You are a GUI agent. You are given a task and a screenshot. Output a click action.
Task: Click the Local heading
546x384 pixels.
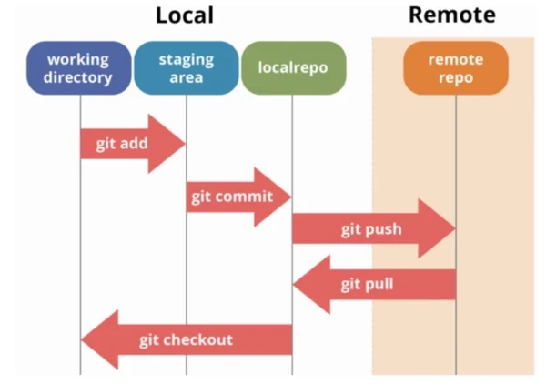pyautogui.click(x=185, y=15)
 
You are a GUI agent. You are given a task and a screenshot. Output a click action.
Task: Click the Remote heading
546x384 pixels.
pyautogui.click(x=451, y=15)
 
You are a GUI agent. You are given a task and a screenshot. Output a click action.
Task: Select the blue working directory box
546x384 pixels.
pyautogui.click(x=78, y=68)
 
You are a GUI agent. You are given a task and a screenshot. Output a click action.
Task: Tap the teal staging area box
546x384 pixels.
pyautogui.click(x=186, y=68)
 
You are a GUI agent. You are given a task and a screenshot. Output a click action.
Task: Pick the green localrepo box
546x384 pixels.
pyautogui.click(x=293, y=68)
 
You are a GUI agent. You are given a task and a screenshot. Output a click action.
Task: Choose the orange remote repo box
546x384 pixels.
pyautogui.click(x=455, y=68)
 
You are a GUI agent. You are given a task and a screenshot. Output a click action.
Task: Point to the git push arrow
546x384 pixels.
pyautogui.click(x=373, y=229)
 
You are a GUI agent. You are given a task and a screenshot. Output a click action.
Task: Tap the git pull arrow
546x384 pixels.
pyautogui.click(x=373, y=285)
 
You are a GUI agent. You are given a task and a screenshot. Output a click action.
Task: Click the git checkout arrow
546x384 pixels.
pyautogui.click(x=187, y=340)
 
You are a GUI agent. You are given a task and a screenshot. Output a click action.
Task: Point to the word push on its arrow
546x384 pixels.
pyautogui.click(x=383, y=229)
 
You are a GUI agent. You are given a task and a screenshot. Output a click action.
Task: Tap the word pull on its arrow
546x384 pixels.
pyautogui.click(x=380, y=285)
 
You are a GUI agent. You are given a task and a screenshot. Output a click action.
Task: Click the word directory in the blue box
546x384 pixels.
pyautogui.click(x=78, y=77)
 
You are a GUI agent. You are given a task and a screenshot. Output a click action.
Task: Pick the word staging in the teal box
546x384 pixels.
pyautogui.click(x=186, y=59)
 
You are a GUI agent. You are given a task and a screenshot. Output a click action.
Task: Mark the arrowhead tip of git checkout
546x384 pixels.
pyautogui.click(x=84, y=340)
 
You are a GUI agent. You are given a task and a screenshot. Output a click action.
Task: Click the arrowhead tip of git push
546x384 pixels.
pyautogui.click(x=453, y=229)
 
